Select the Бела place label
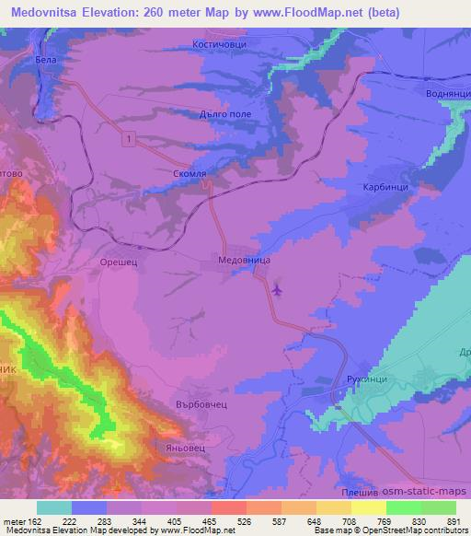click(46, 60)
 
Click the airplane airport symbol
click(277, 290)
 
